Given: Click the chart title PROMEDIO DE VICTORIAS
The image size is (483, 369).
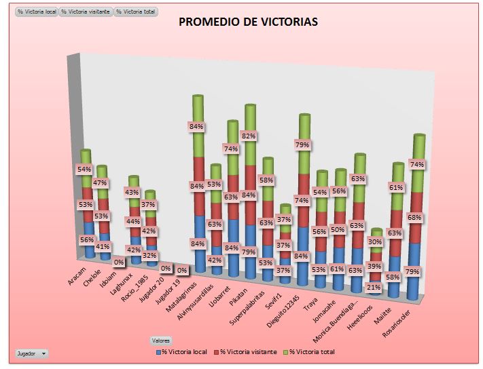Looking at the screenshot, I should [x=248, y=22].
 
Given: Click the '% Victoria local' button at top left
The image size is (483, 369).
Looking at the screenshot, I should [x=37, y=12].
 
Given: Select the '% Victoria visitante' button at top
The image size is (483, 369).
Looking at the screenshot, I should [x=86, y=12].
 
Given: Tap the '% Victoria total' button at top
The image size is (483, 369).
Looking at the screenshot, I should [x=136, y=12].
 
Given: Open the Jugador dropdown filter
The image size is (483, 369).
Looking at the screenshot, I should [x=32, y=353].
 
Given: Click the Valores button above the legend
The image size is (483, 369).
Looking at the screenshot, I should [x=161, y=341].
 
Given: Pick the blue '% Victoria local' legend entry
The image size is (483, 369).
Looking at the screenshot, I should [x=182, y=351].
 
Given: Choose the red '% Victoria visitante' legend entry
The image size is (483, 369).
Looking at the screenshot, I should [x=245, y=351].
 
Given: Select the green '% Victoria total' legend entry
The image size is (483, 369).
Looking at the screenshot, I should [x=312, y=351].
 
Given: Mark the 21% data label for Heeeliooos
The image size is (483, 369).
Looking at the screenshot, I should [x=372, y=288].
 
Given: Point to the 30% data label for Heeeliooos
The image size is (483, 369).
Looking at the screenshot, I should [x=375, y=241].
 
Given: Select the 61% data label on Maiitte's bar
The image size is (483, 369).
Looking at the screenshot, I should [x=395, y=187].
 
